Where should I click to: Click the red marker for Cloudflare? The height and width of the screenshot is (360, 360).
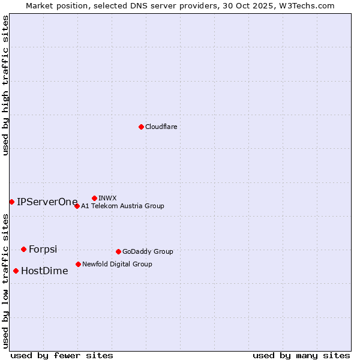(x=141, y=127)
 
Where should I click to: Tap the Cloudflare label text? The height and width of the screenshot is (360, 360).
(x=161, y=127)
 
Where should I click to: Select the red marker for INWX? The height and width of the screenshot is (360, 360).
(x=94, y=198)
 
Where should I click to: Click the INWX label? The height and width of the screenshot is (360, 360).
(x=107, y=199)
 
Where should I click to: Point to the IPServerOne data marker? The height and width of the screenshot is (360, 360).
(x=11, y=202)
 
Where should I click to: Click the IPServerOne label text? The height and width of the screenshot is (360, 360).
(x=47, y=202)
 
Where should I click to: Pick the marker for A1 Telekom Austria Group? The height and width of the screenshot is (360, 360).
(x=77, y=206)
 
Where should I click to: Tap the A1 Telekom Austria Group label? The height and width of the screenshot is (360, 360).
(x=122, y=206)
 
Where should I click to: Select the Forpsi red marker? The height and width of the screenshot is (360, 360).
(x=23, y=249)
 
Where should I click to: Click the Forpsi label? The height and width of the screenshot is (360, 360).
(x=43, y=250)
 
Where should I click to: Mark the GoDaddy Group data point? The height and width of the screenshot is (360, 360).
(x=118, y=251)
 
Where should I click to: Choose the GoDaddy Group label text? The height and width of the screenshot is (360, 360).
(x=148, y=252)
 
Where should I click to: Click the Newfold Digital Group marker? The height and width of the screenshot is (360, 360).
(x=78, y=264)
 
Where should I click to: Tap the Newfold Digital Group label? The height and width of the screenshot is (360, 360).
(x=117, y=265)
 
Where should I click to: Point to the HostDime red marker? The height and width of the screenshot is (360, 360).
(x=16, y=271)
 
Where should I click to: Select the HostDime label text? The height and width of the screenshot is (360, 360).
(x=44, y=271)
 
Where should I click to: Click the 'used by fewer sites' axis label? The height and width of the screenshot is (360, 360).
(x=62, y=356)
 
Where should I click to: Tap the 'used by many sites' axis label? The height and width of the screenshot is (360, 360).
(x=301, y=356)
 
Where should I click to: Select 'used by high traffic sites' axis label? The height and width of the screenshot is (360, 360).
(x=6, y=85)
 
